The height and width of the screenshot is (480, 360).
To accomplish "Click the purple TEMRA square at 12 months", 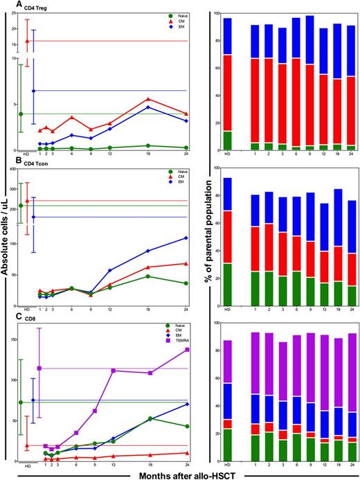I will point(112,371).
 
